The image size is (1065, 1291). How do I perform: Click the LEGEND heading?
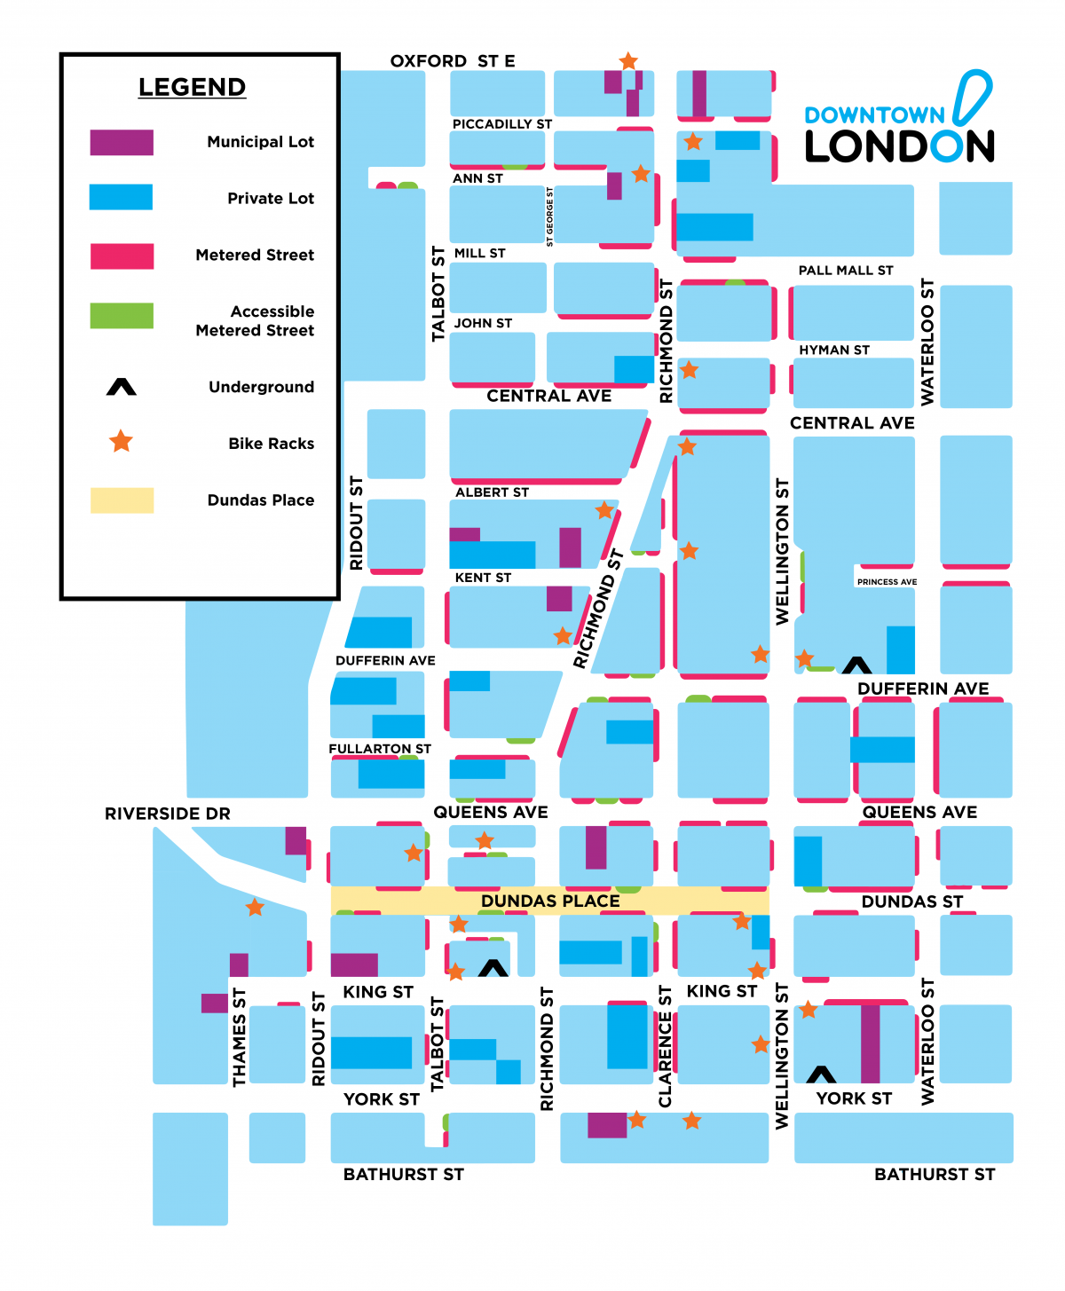point(192,87)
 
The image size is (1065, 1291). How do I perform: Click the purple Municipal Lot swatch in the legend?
point(122,142)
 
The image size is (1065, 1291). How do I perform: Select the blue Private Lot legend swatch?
point(121,197)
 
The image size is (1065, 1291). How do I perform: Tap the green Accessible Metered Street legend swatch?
point(122,316)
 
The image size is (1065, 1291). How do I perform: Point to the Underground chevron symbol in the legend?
point(122,387)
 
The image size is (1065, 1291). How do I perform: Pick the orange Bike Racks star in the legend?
point(122,441)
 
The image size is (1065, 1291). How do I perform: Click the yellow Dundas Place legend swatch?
point(122,500)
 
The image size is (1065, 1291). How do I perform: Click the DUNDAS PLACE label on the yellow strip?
point(550,901)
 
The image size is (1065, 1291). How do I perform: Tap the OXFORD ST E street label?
point(453,60)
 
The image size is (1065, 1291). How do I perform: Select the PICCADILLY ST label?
point(502,124)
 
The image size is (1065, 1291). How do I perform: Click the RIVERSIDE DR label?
point(168,814)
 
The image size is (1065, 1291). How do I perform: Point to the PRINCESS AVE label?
point(887,582)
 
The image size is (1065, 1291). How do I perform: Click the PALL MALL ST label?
point(846,271)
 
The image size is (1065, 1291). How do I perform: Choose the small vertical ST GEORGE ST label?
point(550,216)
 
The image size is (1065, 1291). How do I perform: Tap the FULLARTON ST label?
point(380,749)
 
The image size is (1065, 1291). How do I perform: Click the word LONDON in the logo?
point(899,146)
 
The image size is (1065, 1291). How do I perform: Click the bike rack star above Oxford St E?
point(628,61)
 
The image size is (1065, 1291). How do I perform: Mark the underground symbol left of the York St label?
point(821,1075)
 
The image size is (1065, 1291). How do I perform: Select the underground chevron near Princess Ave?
point(856,665)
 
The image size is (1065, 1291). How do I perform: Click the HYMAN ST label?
point(834,350)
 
